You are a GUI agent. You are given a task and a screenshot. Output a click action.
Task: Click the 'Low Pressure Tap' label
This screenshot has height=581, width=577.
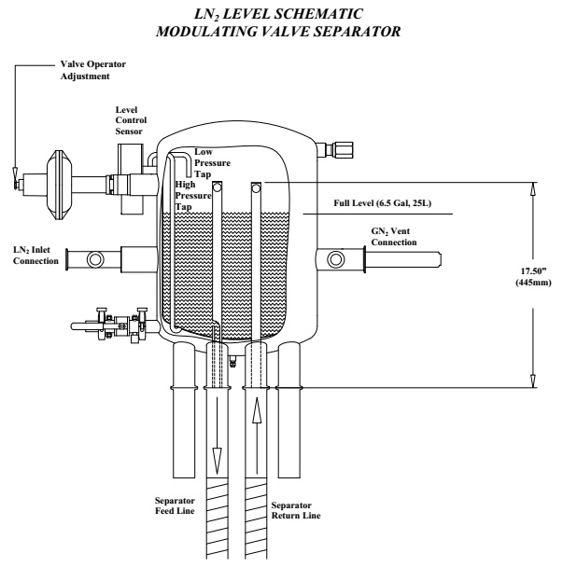212,162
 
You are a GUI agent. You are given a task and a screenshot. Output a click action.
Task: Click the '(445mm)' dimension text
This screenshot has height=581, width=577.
533,285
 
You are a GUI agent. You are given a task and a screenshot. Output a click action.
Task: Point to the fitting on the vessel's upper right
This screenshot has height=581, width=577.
331,147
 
